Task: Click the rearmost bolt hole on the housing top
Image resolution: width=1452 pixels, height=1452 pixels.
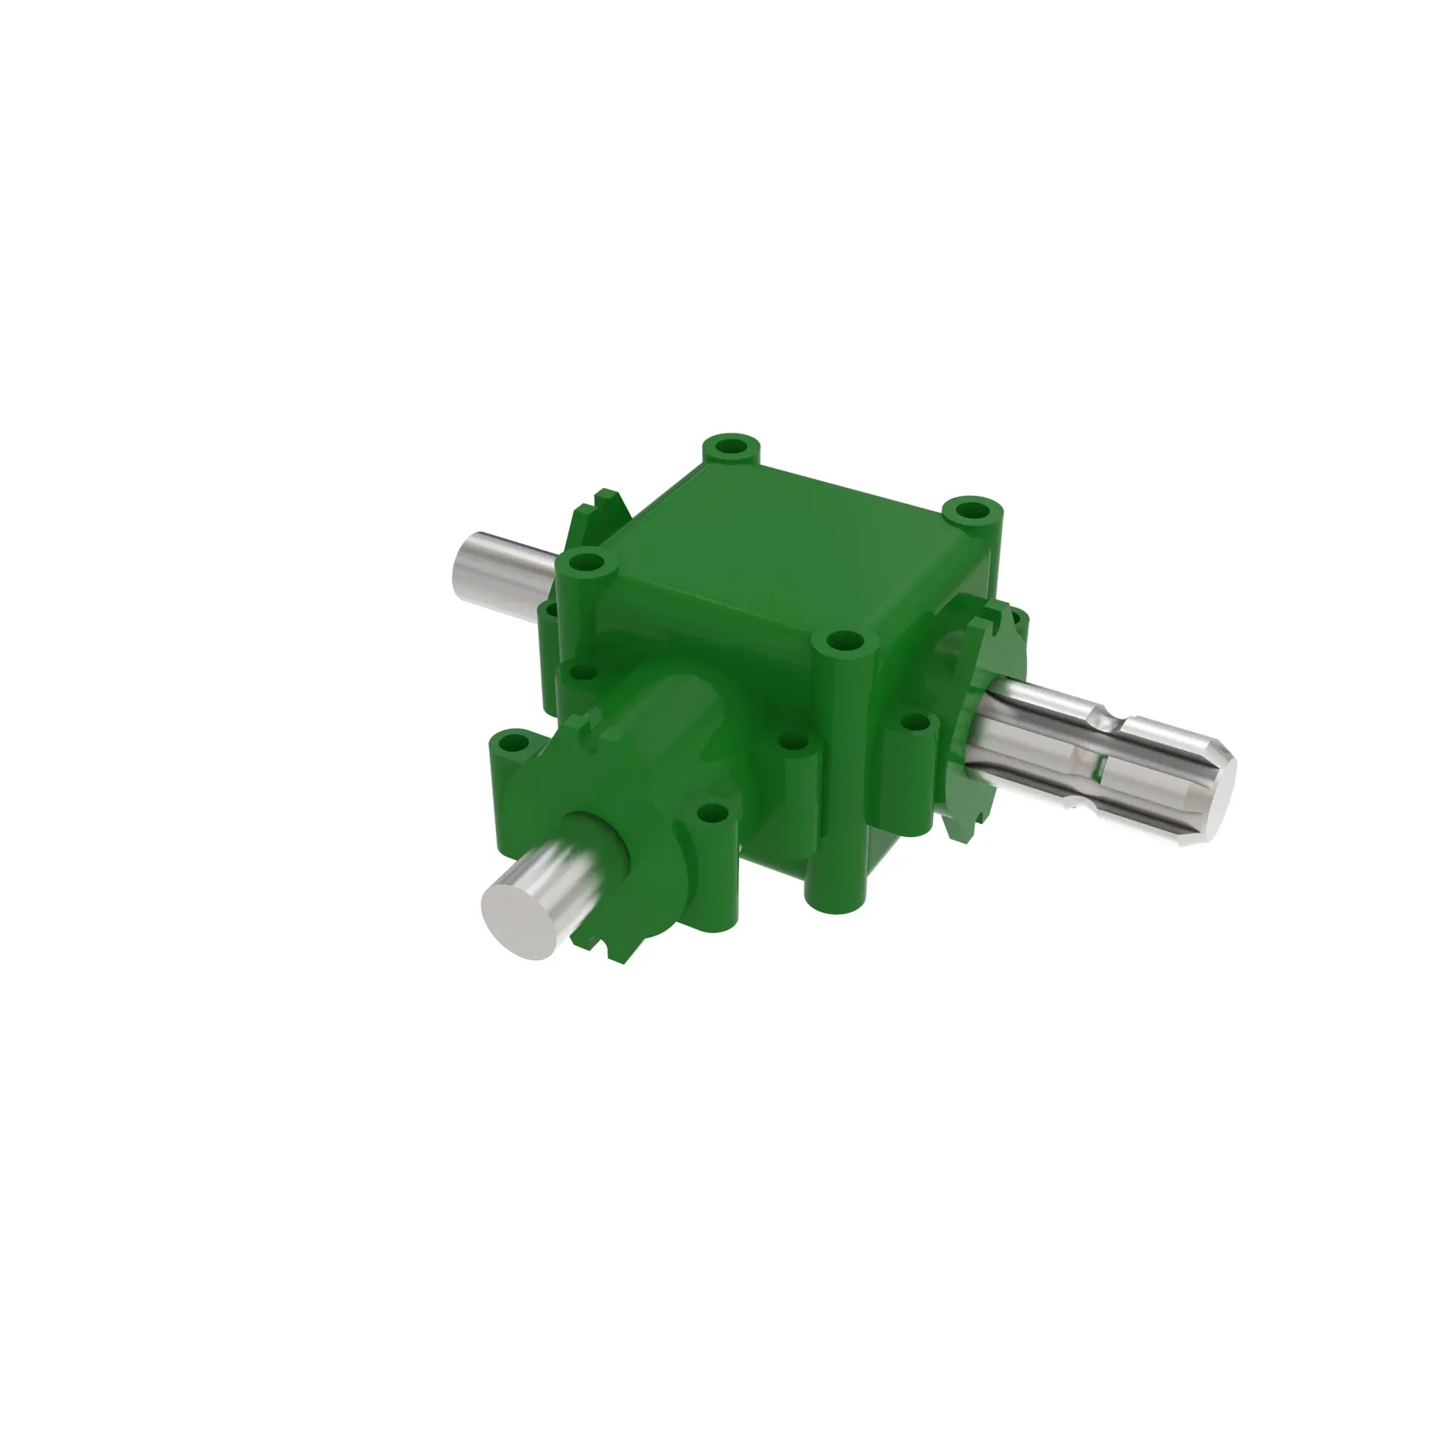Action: [730, 446]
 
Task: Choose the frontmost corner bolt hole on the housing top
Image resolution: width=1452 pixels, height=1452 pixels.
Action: [847, 643]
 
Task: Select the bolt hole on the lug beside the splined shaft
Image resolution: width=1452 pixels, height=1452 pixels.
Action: [915, 723]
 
